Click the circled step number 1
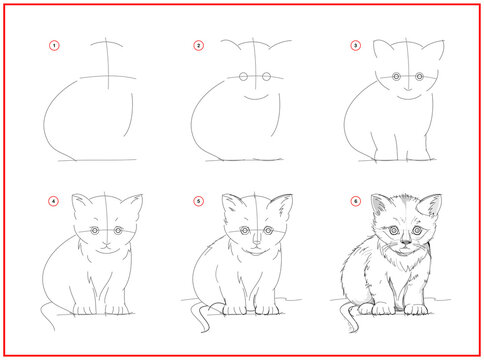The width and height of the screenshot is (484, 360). pos(54,46)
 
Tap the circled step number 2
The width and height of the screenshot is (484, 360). pos(199,46)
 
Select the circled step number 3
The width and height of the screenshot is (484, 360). pos(354,46)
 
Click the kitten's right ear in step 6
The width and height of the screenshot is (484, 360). pos(432,206)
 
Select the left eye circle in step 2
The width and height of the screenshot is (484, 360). pos(242,77)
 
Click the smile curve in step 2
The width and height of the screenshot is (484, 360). pos(255,98)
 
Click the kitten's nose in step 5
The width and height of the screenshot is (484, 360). pos(257,243)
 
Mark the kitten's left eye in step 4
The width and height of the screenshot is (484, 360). pos(95,231)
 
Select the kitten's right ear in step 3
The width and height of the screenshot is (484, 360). pos(430,53)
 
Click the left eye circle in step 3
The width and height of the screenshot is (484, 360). pos(396,77)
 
